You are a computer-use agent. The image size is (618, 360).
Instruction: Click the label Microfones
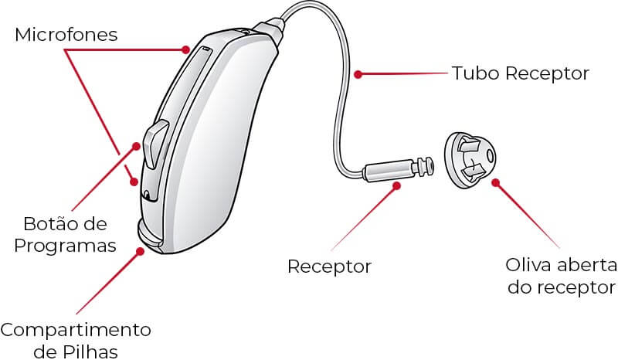click(66, 35)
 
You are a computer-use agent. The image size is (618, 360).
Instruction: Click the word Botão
click(48, 224)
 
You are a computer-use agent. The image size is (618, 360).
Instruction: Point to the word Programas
click(66, 246)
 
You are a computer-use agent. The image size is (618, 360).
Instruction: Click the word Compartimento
click(76, 330)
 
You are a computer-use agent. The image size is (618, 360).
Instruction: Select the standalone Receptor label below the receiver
click(330, 267)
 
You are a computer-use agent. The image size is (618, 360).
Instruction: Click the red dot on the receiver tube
click(358, 73)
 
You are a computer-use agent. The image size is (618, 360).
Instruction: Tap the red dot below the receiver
click(397, 185)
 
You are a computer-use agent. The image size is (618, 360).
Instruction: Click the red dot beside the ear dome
click(496, 182)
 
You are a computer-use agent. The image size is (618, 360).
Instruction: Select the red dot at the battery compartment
click(140, 251)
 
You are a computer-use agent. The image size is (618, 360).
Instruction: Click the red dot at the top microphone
click(185, 49)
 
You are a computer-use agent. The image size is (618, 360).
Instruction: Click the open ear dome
click(470, 160)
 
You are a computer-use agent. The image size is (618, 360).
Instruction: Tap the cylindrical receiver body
click(389, 169)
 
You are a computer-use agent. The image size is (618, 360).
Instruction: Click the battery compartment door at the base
click(150, 236)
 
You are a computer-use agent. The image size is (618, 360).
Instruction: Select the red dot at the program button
click(136, 146)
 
